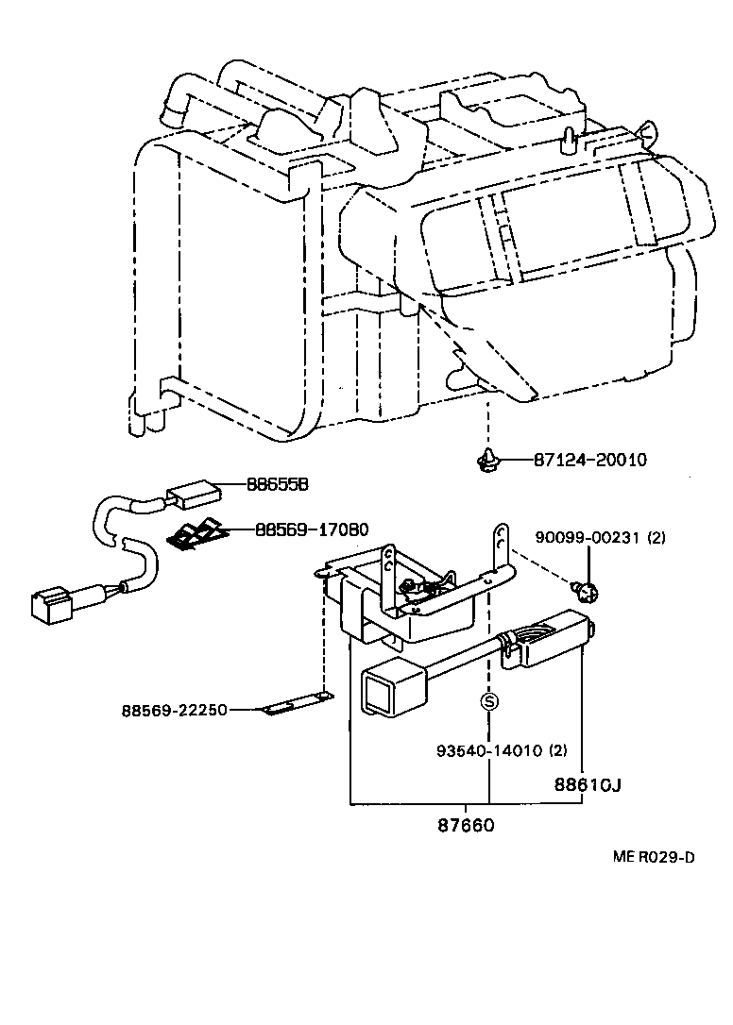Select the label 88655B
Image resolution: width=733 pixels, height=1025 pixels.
pyautogui.click(x=278, y=484)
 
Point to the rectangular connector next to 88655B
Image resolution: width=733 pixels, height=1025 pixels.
pyautogui.click(x=196, y=493)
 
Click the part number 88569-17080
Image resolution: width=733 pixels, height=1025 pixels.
pyautogui.click(x=312, y=529)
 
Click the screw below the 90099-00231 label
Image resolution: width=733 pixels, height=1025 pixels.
pyautogui.click(x=586, y=591)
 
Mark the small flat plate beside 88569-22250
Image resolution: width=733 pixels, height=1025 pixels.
pyautogui.click(x=296, y=706)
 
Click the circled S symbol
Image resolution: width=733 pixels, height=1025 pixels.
pyautogui.click(x=488, y=701)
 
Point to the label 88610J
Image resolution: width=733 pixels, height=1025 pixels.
pyautogui.click(x=587, y=783)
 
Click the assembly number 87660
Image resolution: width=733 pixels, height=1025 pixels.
pyautogui.click(x=465, y=825)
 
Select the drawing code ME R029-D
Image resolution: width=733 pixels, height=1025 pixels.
pyautogui.click(x=653, y=857)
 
